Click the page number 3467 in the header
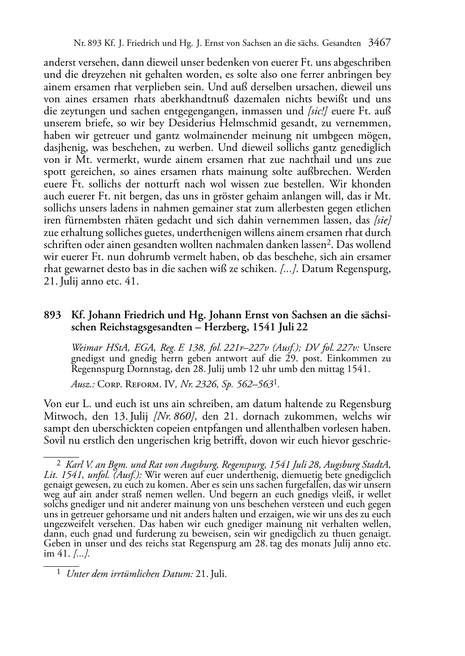click(x=379, y=43)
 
